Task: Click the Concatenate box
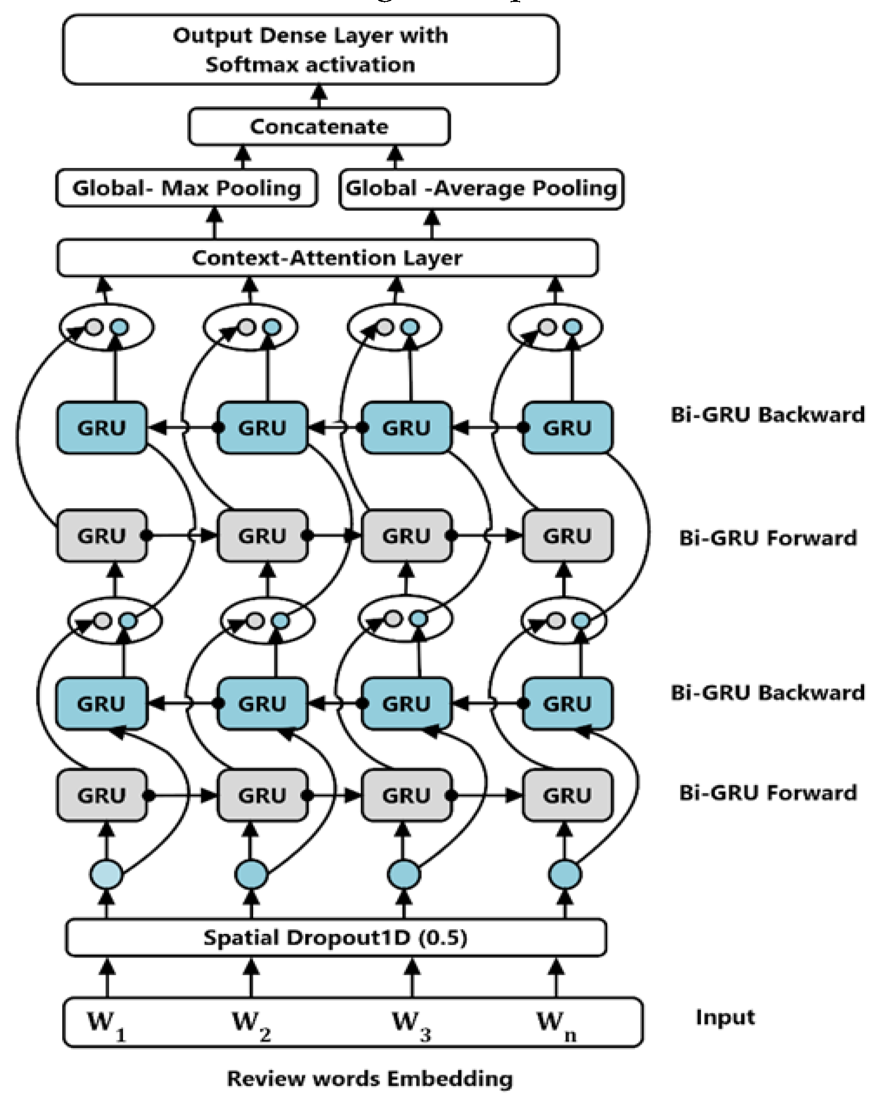319,127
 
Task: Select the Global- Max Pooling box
186,189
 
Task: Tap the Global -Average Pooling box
481,189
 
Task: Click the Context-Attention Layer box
327,257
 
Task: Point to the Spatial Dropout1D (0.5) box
335,937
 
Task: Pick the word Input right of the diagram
725,1017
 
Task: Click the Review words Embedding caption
369,1079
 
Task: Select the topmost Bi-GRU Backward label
767,415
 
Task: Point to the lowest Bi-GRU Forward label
767,793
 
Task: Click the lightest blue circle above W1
107,874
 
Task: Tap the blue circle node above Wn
565,874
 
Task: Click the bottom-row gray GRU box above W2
262,795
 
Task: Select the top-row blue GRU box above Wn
568,427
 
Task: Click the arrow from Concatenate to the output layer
320,96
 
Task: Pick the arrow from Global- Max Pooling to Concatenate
242,157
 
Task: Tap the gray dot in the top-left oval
94,326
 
